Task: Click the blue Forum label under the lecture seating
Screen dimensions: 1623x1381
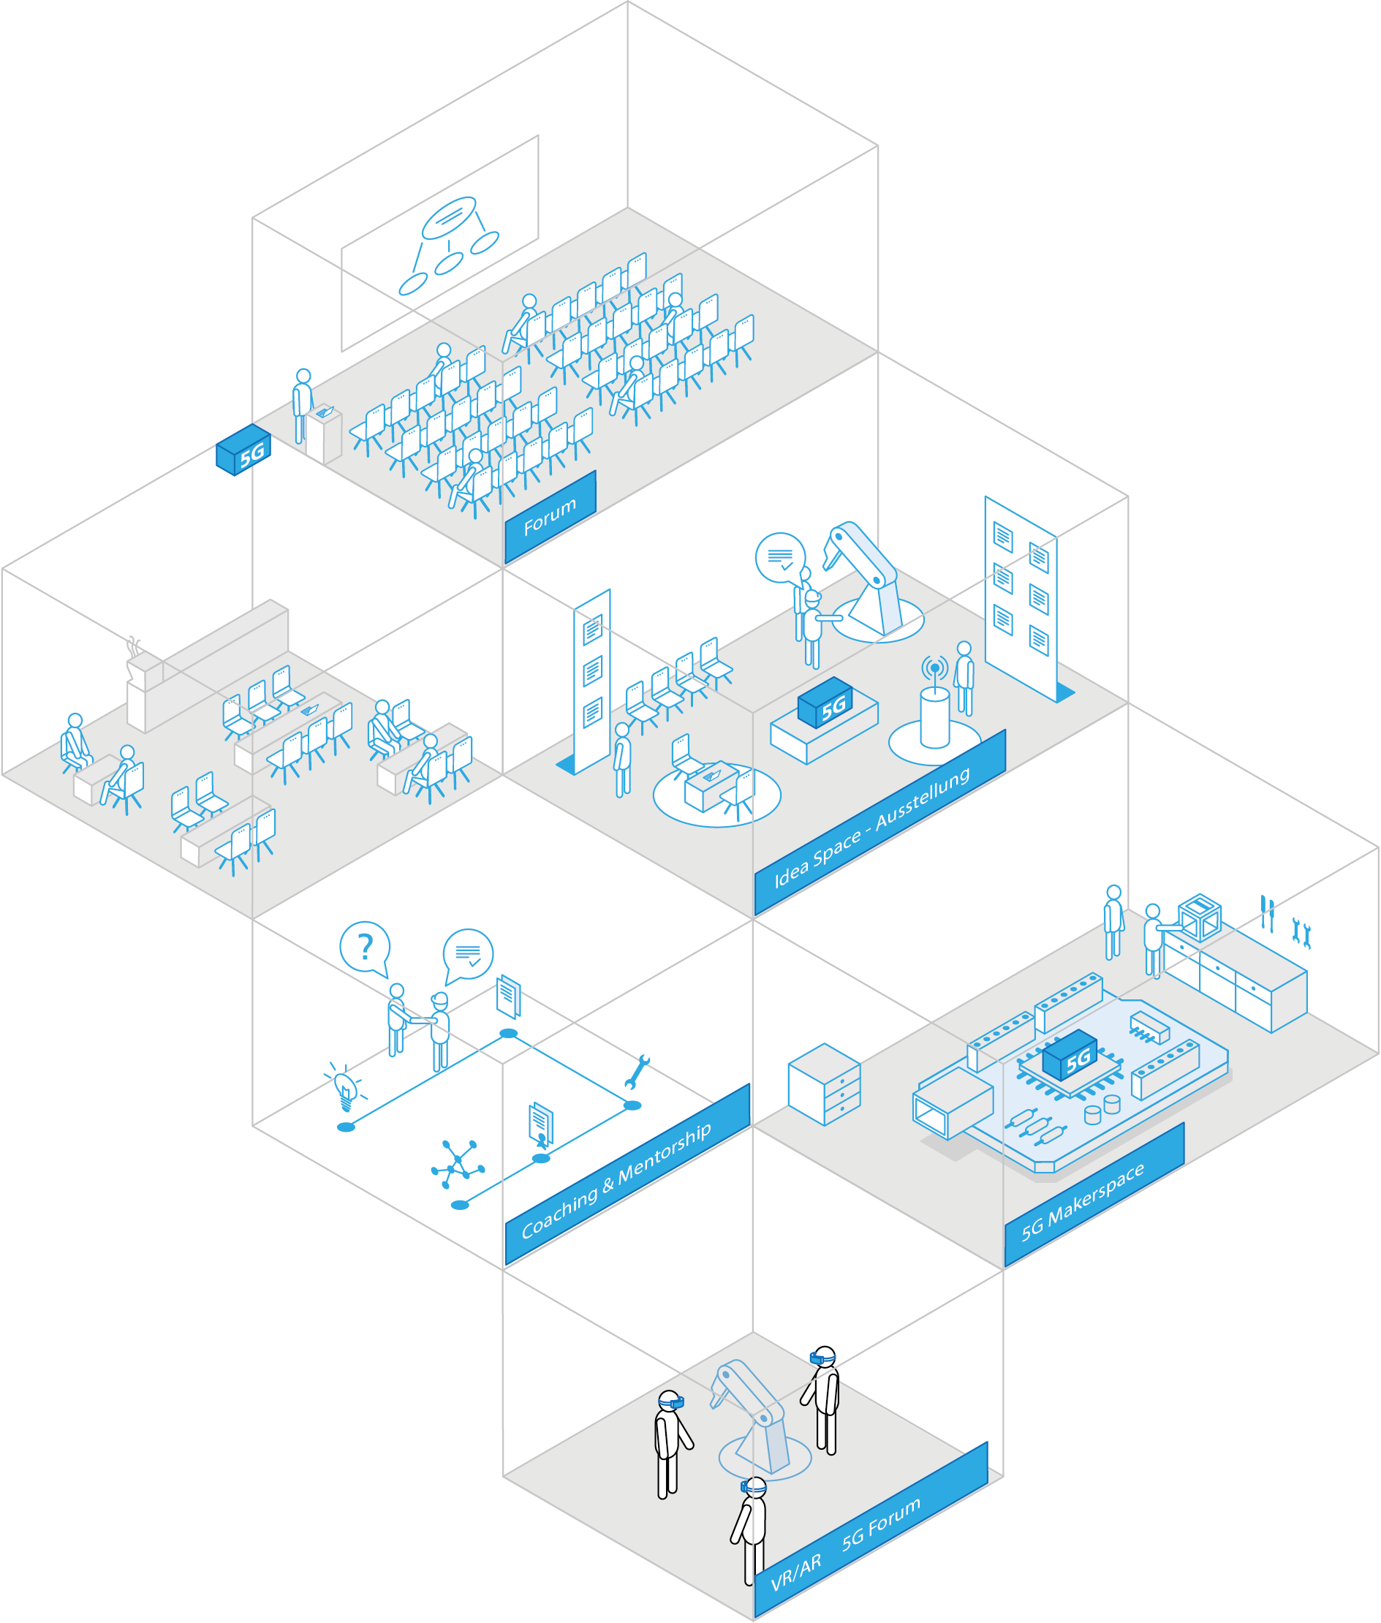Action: pyautogui.click(x=550, y=516)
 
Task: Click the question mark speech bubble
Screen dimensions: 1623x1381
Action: pyautogui.click(x=364, y=947)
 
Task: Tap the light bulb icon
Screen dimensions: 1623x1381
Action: pyautogui.click(x=344, y=1086)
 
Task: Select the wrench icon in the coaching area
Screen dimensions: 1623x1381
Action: pyautogui.click(x=637, y=1071)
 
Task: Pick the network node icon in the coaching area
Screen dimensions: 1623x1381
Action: pyautogui.click(x=458, y=1163)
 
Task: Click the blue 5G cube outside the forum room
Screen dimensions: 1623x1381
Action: pyautogui.click(x=243, y=450)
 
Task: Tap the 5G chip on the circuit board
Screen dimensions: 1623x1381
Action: pyautogui.click(x=1070, y=1055)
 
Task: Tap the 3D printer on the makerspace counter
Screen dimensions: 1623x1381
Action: pyautogui.click(x=1200, y=916)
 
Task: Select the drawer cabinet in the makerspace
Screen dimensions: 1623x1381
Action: pyautogui.click(x=824, y=1084)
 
